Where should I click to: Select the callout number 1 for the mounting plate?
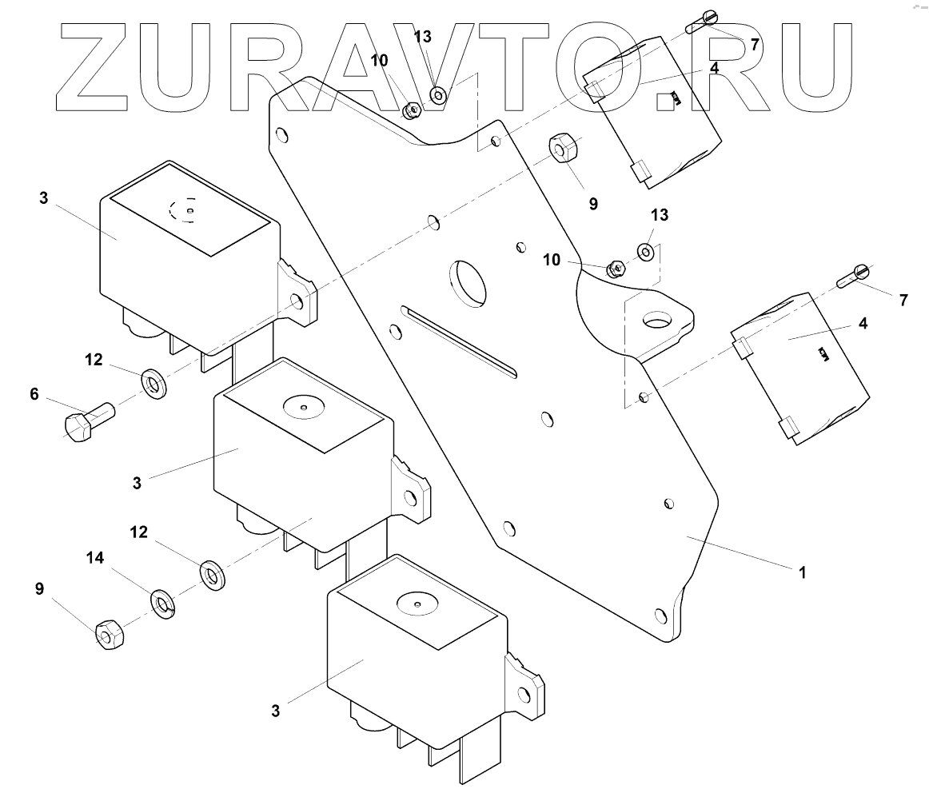802,572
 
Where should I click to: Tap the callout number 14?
95,559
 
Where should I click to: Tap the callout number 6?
34,393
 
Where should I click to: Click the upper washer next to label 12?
153,383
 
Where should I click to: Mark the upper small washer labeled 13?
440,95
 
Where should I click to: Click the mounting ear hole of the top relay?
297,301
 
